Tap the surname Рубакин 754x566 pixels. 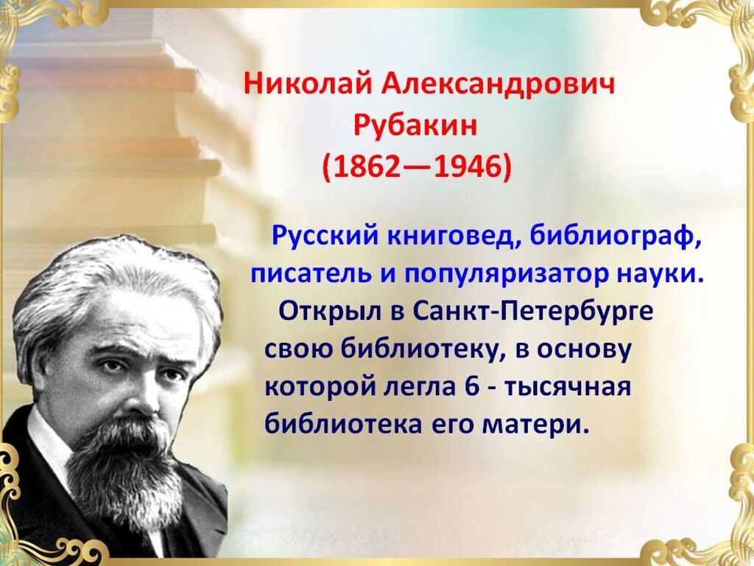pyautogui.click(x=415, y=126)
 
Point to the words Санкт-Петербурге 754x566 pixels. pyautogui.click(x=533, y=312)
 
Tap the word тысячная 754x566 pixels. pyautogui.click(x=568, y=388)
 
